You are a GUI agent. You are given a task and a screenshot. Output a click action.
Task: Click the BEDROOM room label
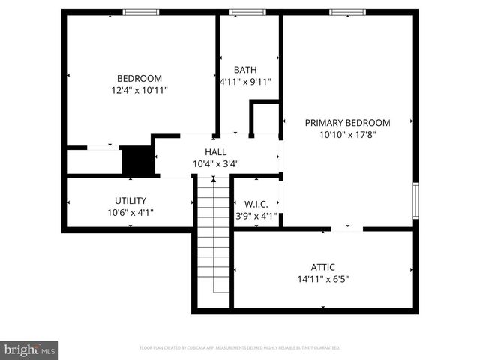pyautogui.click(x=139, y=78)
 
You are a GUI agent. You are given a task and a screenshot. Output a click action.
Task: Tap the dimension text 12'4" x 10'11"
pyautogui.click(x=139, y=90)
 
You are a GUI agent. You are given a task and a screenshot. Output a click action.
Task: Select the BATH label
pyautogui.click(x=245, y=70)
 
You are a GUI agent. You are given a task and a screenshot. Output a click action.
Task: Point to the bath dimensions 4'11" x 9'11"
pyautogui.click(x=245, y=82)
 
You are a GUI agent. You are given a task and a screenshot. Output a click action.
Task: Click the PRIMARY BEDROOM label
pyautogui.click(x=347, y=123)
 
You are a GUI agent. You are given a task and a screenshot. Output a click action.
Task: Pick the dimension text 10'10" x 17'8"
pyautogui.click(x=347, y=135)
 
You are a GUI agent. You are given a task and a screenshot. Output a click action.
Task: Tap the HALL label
pyautogui.click(x=216, y=151)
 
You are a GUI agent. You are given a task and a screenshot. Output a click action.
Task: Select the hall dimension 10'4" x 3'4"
pyautogui.click(x=216, y=163)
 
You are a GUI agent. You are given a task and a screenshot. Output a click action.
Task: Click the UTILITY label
pyautogui.click(x=130, y=200)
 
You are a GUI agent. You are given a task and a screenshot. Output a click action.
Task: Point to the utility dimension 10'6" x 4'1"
pyautogui.click(x=130, y=212)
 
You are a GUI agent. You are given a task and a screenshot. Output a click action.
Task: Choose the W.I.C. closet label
pyautogui.click(x=256, y=204)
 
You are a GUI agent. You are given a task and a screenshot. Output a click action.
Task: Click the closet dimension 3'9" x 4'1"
pyautogui.click(x=256, y=216)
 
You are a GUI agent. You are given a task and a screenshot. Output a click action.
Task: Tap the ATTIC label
pyautogui.click(x=323, y=266)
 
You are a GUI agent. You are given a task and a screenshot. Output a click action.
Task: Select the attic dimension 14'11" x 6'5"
pyautogui.click(x=323, y=278)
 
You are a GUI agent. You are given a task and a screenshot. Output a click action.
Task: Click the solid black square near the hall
pyautogui.click(x=137, y=160)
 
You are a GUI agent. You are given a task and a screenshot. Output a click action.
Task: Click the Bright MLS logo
pyautogui.click(x=30, y=349)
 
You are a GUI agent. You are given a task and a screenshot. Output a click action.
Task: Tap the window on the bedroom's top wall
pyautogui.click(x=141, y=12)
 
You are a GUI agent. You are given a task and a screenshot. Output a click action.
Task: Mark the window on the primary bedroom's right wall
pyautogui.click(x=415, y=201)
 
